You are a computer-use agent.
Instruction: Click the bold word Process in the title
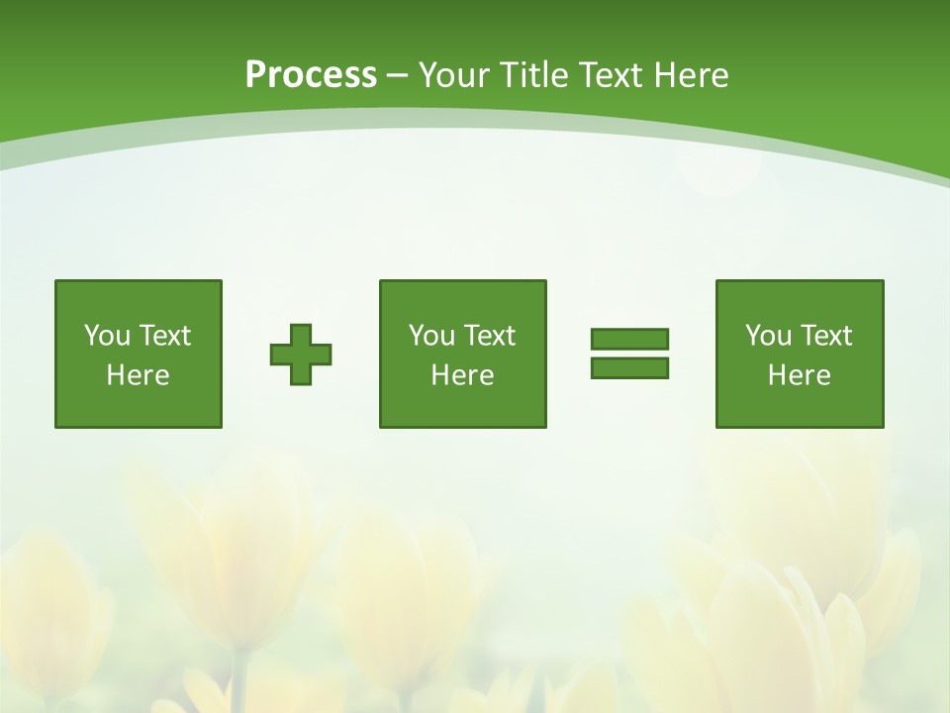coord(311,75)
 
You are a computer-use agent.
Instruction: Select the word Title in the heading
coord(534,75)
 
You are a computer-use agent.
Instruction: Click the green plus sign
coord(301,355)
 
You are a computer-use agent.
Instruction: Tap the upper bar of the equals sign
coord(629,340)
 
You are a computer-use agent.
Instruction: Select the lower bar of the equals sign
coord(629,367)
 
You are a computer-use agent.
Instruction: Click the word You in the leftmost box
coord(107,336)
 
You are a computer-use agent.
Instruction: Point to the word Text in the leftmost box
coord(163,336)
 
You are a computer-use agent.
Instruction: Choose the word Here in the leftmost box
coord(139,375)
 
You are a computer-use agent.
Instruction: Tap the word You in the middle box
coord(431,336)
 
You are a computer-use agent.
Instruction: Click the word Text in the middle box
coord(488,336)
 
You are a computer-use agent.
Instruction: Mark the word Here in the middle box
coord(463,375)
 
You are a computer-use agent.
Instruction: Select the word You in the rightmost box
coord(768,336)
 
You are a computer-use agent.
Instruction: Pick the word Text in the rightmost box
coord(824,336)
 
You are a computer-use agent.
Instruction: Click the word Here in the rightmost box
coord(800,375)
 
